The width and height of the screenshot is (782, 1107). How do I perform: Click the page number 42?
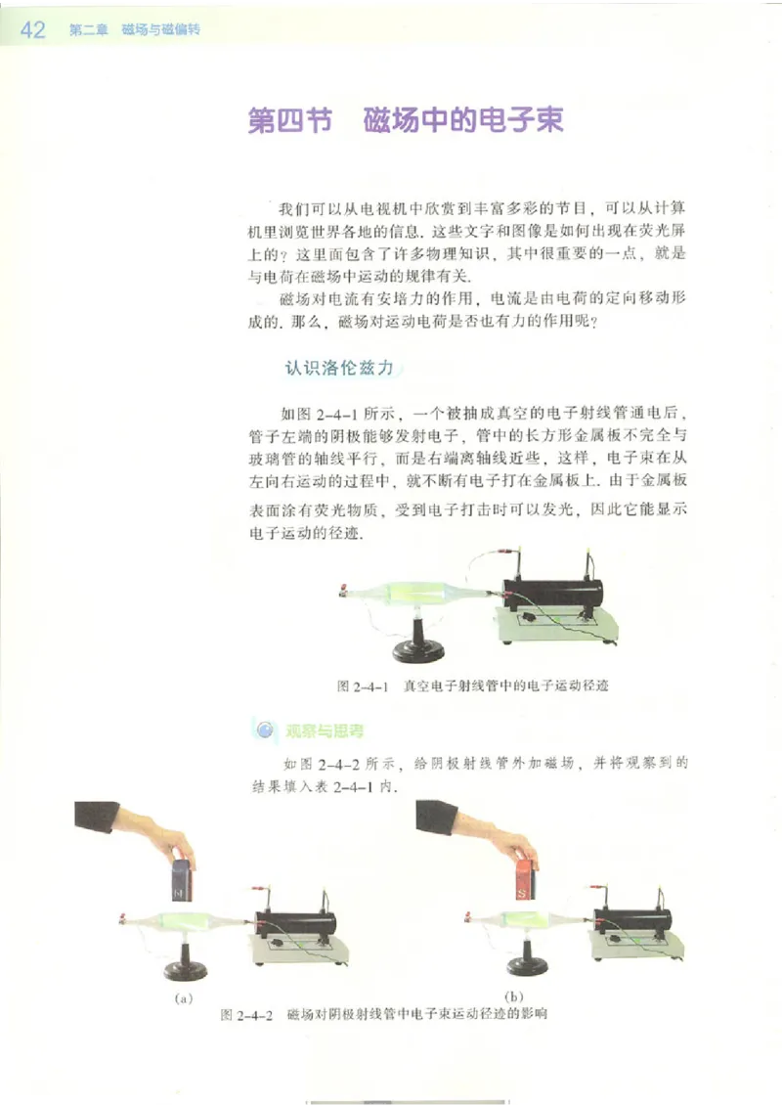[32, 30]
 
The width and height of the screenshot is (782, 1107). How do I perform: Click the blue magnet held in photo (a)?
[183, 879]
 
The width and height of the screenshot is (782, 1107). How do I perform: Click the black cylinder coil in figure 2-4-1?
[556, 594]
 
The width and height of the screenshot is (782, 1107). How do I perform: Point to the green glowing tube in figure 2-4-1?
[411, 592]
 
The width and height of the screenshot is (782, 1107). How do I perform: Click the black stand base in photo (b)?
[523, 964]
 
